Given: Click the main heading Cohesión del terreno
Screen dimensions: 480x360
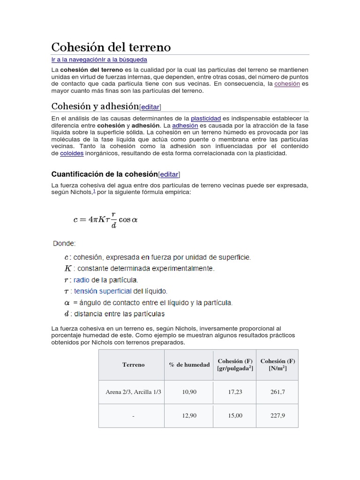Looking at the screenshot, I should (111, 47).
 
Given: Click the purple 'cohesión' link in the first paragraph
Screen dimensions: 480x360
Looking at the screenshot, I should (287, 83).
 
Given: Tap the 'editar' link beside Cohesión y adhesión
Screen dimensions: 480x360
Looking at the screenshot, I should (150, 106).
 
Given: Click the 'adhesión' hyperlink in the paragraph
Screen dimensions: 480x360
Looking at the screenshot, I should (185, 126).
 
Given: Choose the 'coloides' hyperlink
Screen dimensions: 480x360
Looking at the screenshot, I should (72, 153).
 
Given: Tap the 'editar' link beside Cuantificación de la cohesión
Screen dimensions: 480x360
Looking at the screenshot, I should (169, 174).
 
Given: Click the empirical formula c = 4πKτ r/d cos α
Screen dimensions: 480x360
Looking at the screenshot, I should (105, 219).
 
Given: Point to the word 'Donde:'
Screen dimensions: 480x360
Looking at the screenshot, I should (64, 243).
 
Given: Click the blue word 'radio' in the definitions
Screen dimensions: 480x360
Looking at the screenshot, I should (83, 280).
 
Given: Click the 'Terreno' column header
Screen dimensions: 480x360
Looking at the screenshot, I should (134, 365).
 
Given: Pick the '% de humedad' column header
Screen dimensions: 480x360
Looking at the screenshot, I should (189, 365).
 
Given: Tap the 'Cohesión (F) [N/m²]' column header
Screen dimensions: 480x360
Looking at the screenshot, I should (277, 365).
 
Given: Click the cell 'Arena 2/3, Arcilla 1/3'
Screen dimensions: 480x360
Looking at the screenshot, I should (134, 392).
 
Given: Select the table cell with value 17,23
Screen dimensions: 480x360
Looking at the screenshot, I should (235, 392).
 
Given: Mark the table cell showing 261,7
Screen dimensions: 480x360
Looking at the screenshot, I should (277, 392).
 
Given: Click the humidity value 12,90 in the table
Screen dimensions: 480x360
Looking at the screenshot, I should (189, 416).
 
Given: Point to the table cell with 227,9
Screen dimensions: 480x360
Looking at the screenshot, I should (277, 416).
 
